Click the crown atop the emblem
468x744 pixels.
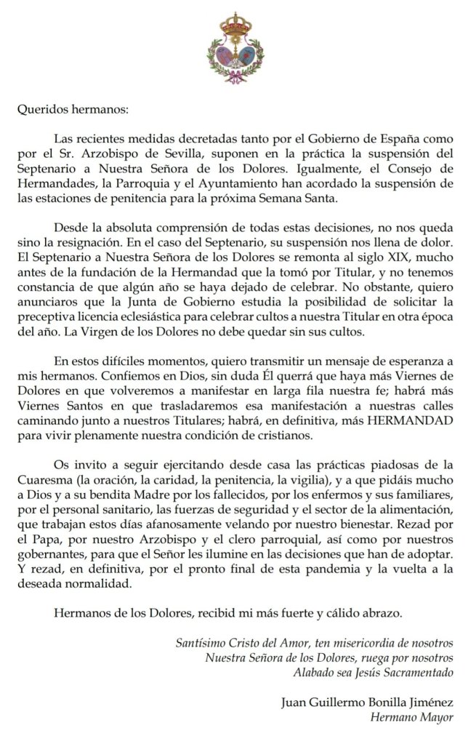233,23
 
